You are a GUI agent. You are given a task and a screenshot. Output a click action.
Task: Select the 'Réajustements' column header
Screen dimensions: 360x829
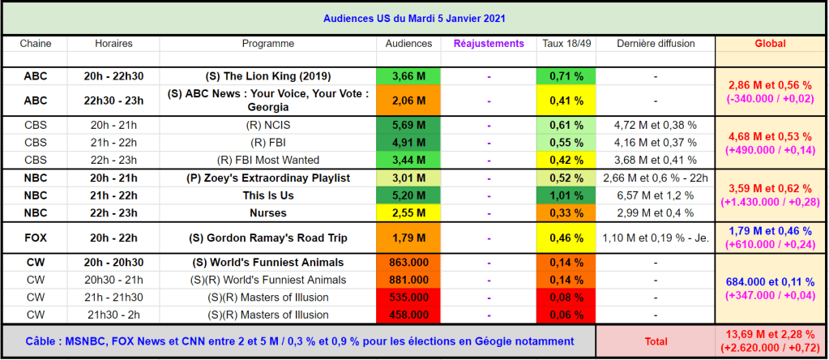(x=489, y=43)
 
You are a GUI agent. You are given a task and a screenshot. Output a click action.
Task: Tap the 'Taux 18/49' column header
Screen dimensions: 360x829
(x=566, y=43)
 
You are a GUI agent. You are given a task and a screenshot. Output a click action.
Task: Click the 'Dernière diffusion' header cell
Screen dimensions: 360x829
(x=655, y=43)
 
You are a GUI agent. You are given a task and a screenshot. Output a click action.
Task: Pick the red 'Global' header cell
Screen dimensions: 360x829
(x=770, y=43)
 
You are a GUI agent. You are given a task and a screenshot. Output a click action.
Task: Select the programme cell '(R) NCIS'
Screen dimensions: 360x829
(x=267, y=125)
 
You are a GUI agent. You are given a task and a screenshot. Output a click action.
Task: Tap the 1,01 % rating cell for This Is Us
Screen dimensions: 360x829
(x=566, y=195)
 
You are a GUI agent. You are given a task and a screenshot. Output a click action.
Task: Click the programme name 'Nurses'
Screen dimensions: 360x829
(x=267, y=212)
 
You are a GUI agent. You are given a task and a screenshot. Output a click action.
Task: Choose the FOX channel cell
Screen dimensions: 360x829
(x=35, y=238)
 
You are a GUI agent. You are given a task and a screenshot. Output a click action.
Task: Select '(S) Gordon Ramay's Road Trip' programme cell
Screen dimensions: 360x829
(x=267, y=238)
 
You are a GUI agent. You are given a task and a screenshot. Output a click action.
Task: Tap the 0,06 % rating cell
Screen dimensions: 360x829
(x=566, y=315)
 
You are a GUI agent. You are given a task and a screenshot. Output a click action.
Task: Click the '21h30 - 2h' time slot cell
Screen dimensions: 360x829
(x=113, y=315)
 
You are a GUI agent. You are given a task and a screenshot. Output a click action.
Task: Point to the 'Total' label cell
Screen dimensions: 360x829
(x=655, y=342)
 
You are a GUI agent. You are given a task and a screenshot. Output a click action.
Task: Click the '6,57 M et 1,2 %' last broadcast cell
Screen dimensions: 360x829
(x=655, y=195)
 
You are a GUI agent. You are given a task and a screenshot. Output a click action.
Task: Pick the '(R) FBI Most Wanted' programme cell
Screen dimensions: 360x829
(x=267, y=160)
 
